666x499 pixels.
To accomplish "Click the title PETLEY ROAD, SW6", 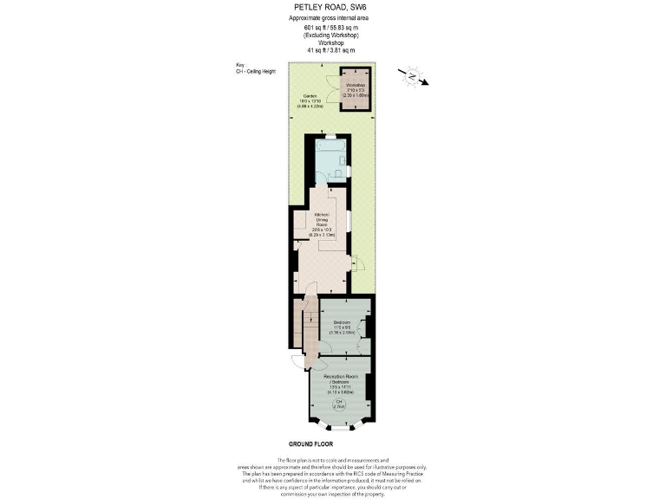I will coord(332,7).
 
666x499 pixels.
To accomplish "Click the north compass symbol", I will coord(410,76).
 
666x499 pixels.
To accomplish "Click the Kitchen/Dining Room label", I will coord(323,224).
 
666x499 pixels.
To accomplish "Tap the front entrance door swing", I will coord(297,363).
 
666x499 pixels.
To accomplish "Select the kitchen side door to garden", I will coord(356,261).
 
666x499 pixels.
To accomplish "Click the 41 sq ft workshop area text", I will coord(317,50).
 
